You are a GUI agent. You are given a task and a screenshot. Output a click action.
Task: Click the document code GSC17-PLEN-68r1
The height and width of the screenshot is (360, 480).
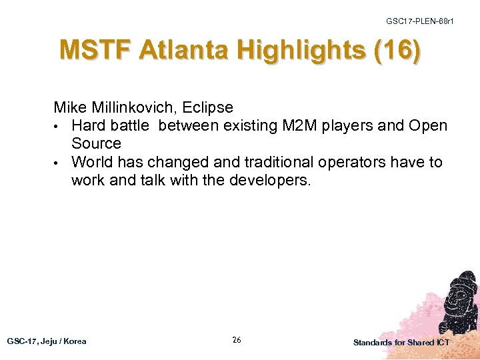pyautogui.click(x=420, y=21)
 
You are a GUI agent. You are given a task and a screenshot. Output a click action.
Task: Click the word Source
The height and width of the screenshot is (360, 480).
pyautogui.click(x=96, y=143)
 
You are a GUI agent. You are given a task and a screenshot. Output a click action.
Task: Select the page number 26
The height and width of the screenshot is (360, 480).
pyautogui.click(x=237, y=340)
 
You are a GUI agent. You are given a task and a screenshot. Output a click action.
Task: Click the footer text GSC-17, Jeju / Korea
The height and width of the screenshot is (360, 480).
pyautogui.click(x=47, y=341)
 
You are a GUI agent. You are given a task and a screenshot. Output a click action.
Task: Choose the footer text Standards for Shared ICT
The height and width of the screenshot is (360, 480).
pyautogui.click(x=401, y=342)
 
